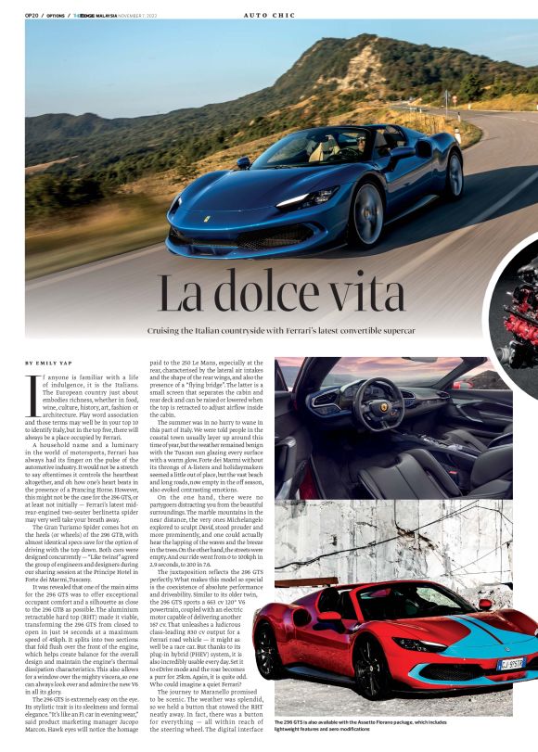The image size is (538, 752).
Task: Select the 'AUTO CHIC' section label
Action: (x=268, y=15)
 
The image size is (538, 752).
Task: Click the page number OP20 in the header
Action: (x=32, y=15)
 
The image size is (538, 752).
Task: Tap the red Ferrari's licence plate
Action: (x=508, y=664)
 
